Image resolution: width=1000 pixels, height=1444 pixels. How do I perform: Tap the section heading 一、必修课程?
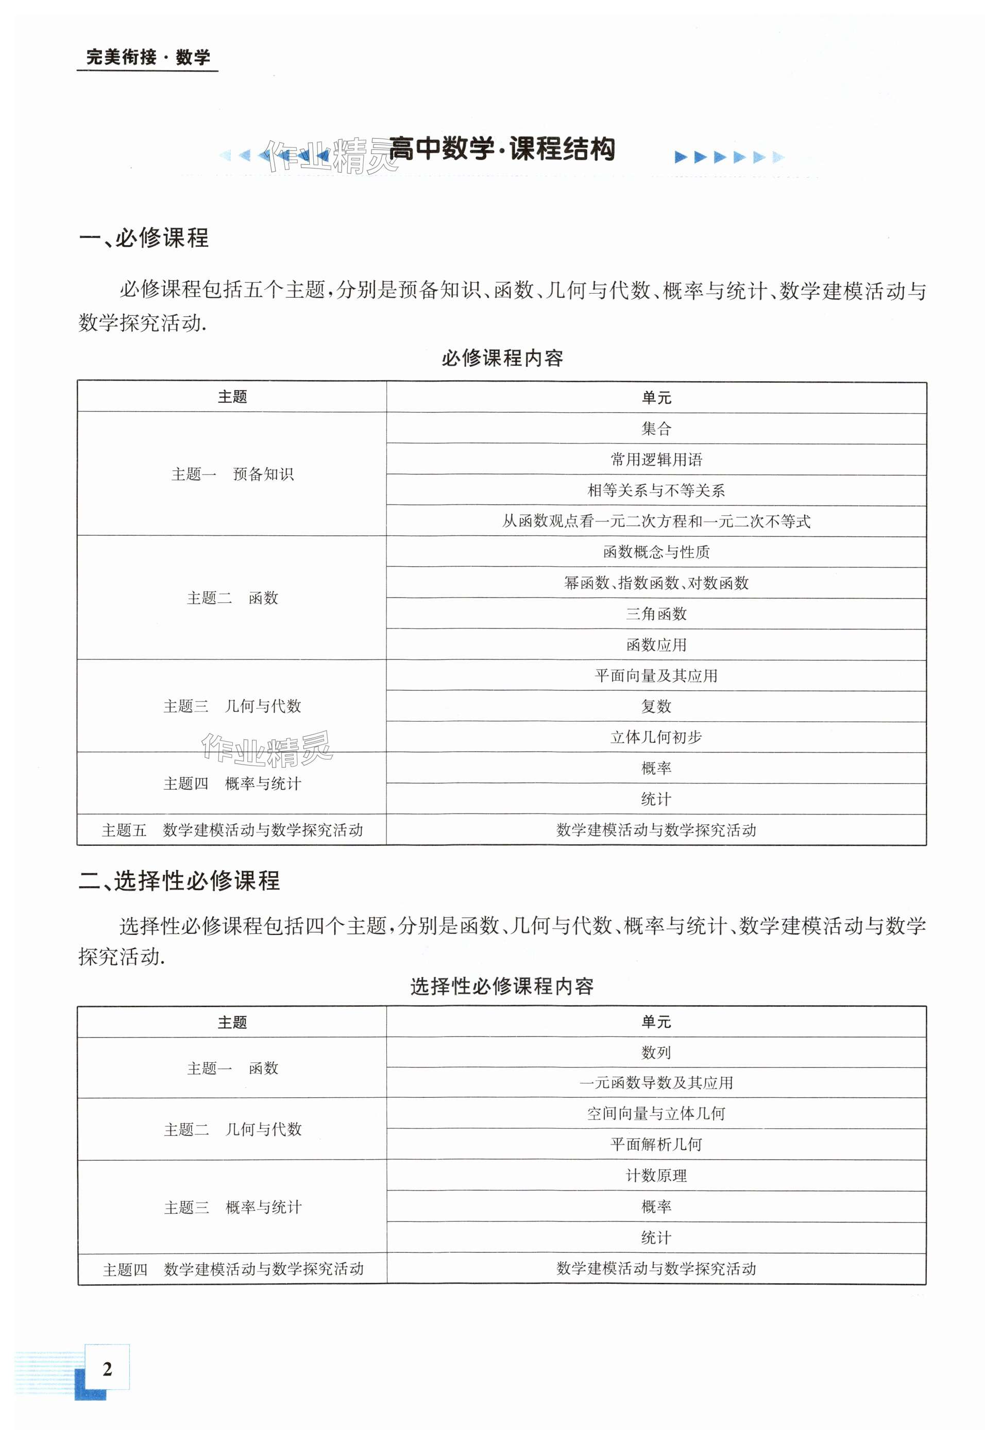pos(144,238)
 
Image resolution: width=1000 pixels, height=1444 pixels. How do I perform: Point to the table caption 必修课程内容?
pos(502,359)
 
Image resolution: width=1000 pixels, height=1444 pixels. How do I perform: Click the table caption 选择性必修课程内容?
pos(502,986)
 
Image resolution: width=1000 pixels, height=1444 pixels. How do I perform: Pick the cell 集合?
pos(656,429)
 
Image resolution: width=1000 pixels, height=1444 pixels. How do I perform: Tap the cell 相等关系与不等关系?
pos(656,490)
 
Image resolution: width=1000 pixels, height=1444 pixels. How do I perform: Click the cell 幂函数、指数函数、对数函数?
pos(656,583)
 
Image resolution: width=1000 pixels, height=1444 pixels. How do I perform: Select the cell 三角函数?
pos(656,614)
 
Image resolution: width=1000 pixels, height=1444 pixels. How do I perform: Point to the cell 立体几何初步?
pos(656,737)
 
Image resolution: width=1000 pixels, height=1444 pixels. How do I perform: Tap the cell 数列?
pos(656,1052)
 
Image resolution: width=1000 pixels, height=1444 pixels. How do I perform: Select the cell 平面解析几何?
pos(656,1144)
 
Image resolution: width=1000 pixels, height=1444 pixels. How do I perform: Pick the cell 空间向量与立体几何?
pos(656,1113)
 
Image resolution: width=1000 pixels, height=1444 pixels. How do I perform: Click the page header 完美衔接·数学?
pos(148,58)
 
